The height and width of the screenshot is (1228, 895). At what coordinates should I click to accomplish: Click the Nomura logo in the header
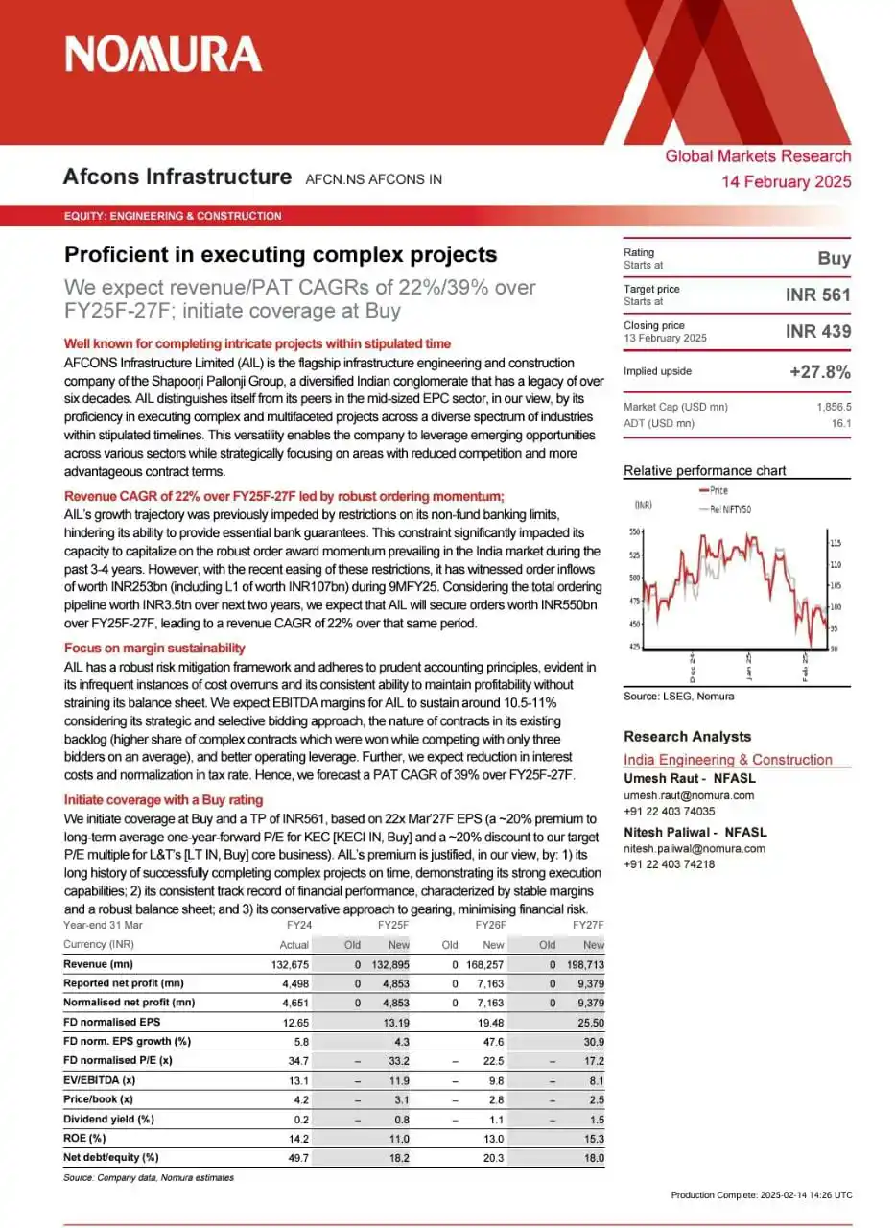point(163,54)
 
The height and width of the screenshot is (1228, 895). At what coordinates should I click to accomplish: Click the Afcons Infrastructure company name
point(177,177)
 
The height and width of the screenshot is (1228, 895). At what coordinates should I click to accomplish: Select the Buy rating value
point(834,259)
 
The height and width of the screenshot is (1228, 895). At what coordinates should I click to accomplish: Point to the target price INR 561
point(817,295)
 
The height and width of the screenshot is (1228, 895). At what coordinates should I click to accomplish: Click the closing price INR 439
point(817,332)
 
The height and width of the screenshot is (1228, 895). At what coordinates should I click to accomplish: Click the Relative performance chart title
point(704,470)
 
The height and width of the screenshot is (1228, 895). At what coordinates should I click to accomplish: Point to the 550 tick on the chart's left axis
point(635,531)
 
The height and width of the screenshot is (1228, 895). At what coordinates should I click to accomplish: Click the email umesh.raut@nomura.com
point(689,795)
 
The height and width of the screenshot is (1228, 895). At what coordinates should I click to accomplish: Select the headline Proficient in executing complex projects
point(280,254)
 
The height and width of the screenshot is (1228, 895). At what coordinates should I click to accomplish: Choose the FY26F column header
point(490,925)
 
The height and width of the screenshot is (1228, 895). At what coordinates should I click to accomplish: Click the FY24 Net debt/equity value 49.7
point(297,1158)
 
